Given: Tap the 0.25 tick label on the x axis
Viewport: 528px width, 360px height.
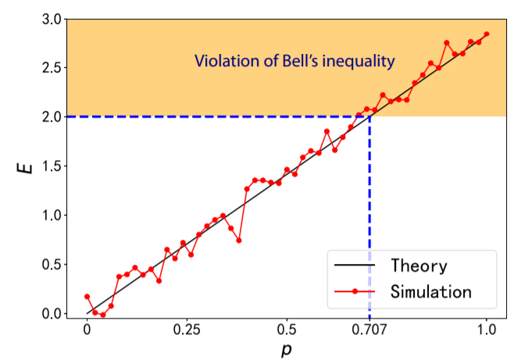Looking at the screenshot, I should click(x=187, y=328).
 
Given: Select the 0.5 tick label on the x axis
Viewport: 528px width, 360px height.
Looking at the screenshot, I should click(x=287, y=328).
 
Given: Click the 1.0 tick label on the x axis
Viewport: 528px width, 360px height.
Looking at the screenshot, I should click(x=487, y=328).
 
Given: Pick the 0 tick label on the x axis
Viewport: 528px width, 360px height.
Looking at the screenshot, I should click(x=87, y=328).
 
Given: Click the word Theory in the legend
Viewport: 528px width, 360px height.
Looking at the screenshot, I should click(x=419, y=266).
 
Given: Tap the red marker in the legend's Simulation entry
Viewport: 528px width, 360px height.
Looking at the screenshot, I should click(x=355, y=292).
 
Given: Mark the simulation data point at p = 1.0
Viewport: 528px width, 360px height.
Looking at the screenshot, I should click(x=487, y=34).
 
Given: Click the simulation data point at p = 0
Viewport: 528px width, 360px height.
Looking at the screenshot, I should click(x=87, y=297).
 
